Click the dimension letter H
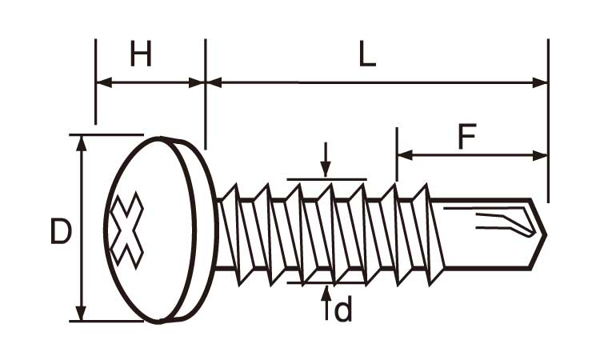[x=141, y=55]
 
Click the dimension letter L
[x=367, y=55]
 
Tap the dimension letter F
[x=466, y=137]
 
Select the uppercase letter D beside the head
[x=61, y=232]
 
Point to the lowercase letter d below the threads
[x=342, y=310]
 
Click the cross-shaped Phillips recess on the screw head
[x=127, y=230]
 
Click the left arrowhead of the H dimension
[x=102, y=82]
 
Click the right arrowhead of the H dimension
[x=198, y=82]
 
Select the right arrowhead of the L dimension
[x=542, y=82]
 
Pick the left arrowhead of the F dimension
[x=403, y=155]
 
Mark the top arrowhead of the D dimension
[x=81, y=142]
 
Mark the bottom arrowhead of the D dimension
[x=81, y=314]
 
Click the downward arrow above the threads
[x=325, y=169]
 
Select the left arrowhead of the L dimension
[x=213, y=82]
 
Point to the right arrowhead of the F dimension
[x=542, y=155]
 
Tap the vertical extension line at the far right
[x=548, y=120]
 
